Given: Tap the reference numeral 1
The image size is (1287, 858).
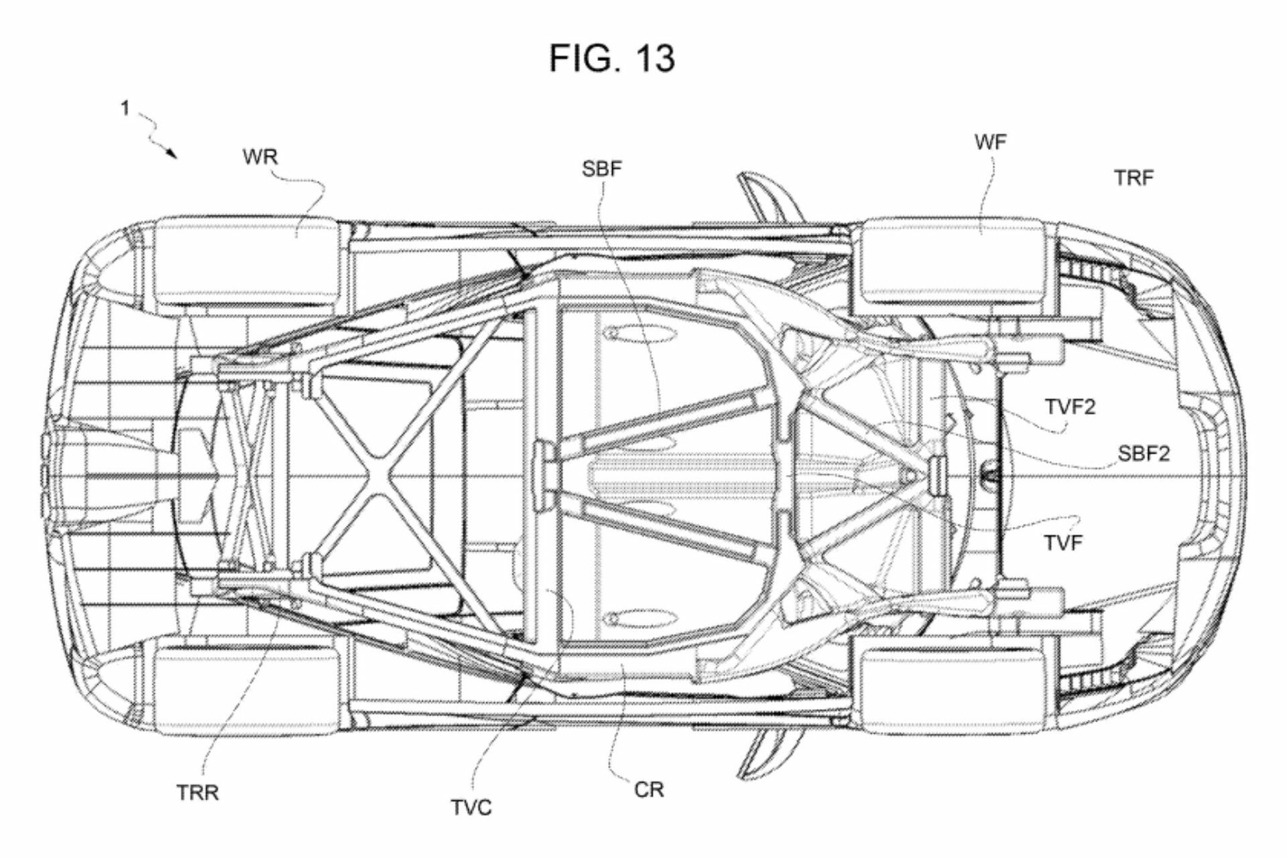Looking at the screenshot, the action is click(x=125, y=108).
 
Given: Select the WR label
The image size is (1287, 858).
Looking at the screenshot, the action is click(x=260, y=157).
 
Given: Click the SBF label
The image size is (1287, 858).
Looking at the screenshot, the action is click(x=602, y=169).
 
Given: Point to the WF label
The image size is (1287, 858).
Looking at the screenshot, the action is click(x=991, y=142).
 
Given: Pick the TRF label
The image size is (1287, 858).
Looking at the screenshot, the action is click(x=1134, y=178).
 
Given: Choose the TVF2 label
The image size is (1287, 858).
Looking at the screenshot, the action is click(x=1070, y=407).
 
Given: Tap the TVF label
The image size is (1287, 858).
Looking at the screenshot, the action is click(x=1063, y=543).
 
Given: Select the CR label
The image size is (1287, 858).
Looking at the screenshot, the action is click(x=649, y=790).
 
